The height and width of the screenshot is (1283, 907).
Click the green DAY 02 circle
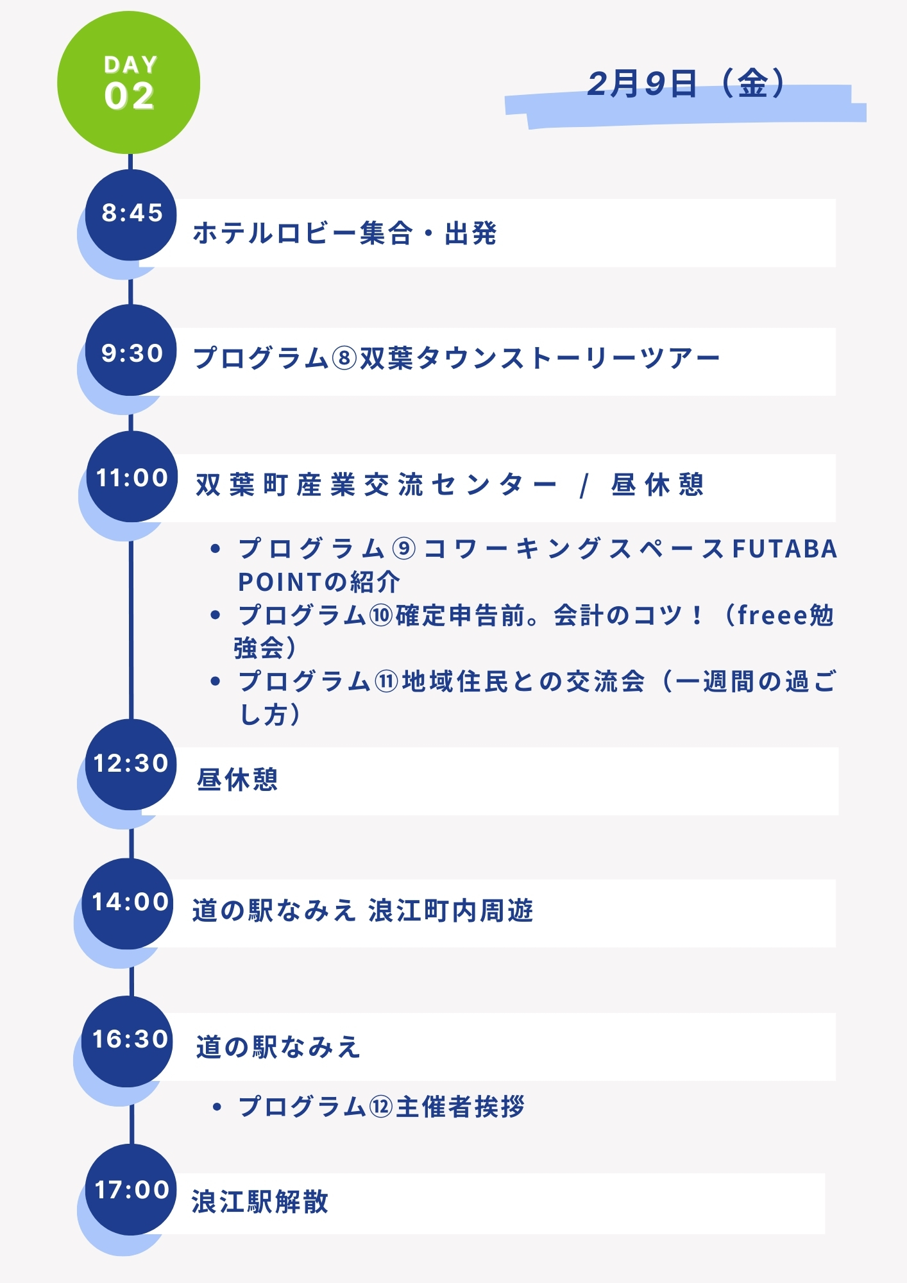(129, 83)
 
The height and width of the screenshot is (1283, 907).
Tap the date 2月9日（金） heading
(686, 84)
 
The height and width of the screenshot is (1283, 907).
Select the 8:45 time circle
(131, 214)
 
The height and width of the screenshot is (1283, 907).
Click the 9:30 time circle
(131, 351)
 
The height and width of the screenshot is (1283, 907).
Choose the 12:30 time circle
(131, 764)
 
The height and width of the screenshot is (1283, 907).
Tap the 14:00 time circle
(129, 903)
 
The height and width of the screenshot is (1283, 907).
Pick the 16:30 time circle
(129, 1040)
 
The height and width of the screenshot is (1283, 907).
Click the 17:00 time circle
(131, 1190)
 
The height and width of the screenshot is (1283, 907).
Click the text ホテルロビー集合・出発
(344, 234)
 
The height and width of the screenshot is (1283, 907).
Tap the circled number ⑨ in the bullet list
(404, 549)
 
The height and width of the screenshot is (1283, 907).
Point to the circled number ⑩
(381, 616)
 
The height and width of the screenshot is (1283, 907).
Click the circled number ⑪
(386, 681)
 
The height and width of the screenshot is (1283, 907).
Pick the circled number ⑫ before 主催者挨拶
(381, 1107)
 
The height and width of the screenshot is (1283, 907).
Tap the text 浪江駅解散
(260, 1202)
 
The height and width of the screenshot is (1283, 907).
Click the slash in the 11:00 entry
(583, 486)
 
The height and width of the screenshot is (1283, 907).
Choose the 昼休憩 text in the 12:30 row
(237, 780)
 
